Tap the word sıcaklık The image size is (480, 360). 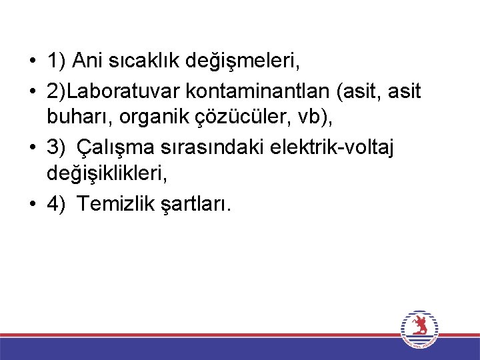pyautogui.click(x=141, y=62)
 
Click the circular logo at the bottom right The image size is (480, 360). pyautogui.click(x=419, y=329)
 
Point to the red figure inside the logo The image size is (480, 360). pyautogui.click(x=419, y=326)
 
